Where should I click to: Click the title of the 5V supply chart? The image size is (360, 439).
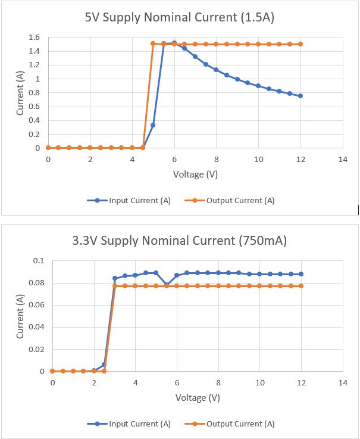[x=180, y=17]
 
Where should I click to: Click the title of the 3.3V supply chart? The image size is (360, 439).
[x=179, y=241]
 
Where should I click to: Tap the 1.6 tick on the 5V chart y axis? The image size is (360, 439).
[x=34, y=38]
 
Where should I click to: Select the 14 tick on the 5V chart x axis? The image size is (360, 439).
[x=343, y=160]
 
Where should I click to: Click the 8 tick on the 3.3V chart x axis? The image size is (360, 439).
[x=218, y=383]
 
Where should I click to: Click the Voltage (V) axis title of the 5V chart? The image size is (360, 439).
[x=195, y=175]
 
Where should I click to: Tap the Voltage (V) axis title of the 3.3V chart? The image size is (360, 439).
[x=198, y=397]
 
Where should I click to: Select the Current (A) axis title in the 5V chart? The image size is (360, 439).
[x=20, y=93]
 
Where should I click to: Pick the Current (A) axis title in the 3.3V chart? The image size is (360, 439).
[x=20, y=316]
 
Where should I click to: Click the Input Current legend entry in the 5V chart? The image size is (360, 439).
[x=129, y=201]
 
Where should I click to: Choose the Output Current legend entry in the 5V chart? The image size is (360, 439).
[x=230, y=201]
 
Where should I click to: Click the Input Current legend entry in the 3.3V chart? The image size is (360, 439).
[x=129, y=424]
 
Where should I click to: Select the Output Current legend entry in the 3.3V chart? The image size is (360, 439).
[x=230, y=424]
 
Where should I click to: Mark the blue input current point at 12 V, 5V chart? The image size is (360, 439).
[x=300, y=96]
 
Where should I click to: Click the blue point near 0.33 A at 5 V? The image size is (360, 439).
[x=153, y=125]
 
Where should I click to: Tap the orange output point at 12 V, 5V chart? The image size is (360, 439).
[x=300, y=44]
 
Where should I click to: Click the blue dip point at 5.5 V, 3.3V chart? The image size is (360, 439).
[x=167, y=285]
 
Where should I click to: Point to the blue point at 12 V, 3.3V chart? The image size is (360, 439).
[x=301, y=274]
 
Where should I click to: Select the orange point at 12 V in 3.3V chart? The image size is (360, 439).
[x=301, y=286]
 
